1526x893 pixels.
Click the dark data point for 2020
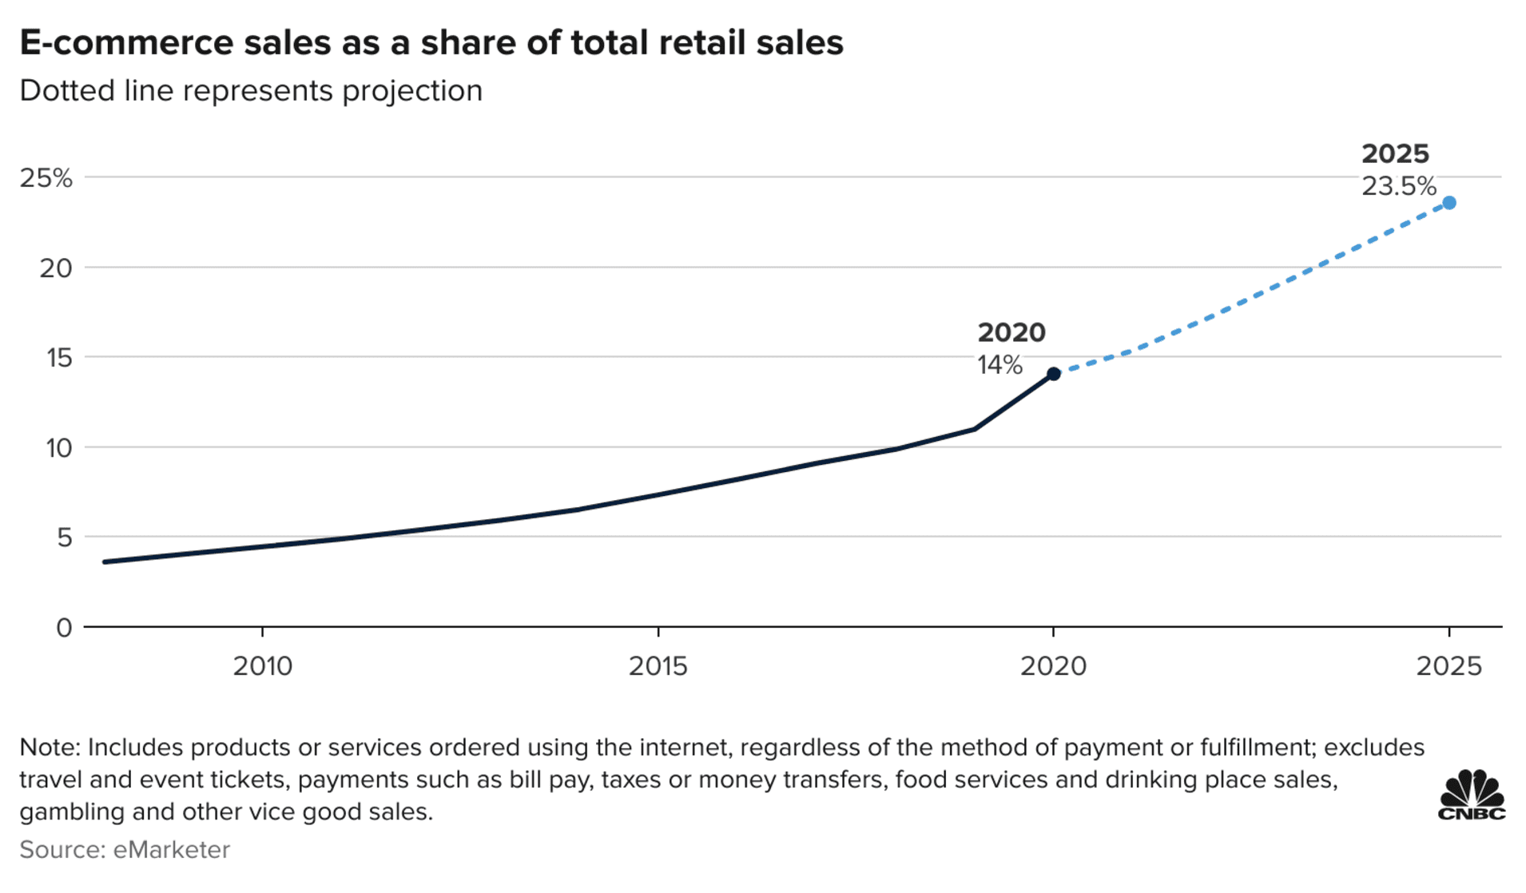(1054, 374)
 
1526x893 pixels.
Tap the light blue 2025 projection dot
(1449, 203)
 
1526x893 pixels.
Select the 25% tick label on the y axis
(46, 178)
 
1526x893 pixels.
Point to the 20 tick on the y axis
(56, 268)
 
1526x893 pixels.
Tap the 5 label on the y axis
(65, 538)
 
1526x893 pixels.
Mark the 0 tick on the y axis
(64, 628)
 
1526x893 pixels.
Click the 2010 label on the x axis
(263, 666)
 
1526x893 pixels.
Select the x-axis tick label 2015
(658, 666)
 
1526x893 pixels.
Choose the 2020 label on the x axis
(1053, 666)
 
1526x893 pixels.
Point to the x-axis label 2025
(1449, 666)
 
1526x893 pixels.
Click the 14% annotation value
(999, 365)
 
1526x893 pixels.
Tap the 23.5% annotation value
(1399, 186)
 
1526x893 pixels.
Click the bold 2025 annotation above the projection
(1395, 153)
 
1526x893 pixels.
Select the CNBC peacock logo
(1472, 795)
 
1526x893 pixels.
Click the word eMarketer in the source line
(172, 849)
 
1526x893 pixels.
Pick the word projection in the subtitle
(412, 91)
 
